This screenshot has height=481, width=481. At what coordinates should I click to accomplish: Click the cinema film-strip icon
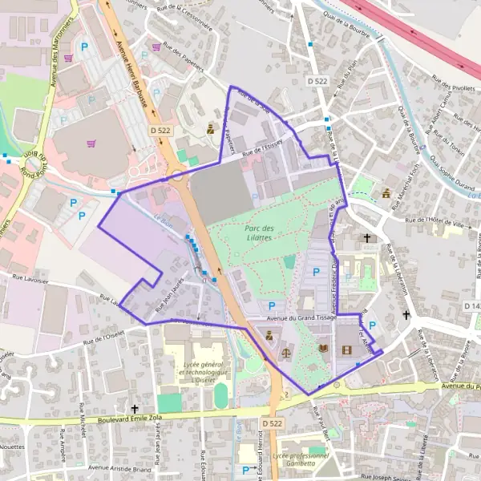click(346, 350)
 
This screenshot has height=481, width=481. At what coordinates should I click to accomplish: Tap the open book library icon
click(322, 350)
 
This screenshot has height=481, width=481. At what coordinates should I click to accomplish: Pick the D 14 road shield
click(471, 306)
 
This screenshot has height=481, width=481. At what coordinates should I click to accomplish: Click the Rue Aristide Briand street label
click(120, 467)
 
